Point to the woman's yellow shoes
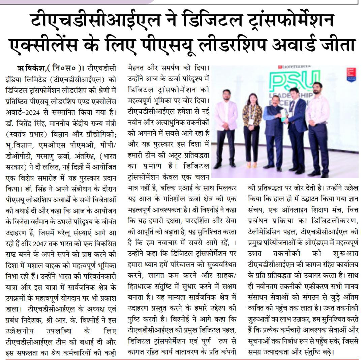tap(252, 165)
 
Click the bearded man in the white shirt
tap(317, 128)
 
